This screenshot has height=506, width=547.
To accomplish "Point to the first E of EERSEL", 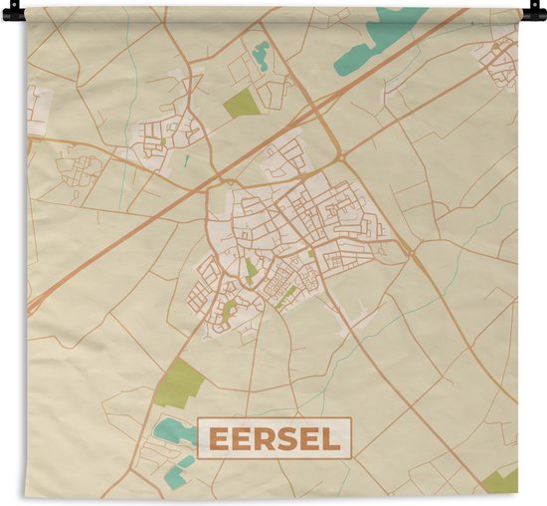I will coord(217,437).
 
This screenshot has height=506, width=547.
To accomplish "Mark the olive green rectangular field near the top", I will coord(241,102).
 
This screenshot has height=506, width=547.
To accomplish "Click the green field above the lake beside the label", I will coord(180,383).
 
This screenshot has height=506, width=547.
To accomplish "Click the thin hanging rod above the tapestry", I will coord(273,7).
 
